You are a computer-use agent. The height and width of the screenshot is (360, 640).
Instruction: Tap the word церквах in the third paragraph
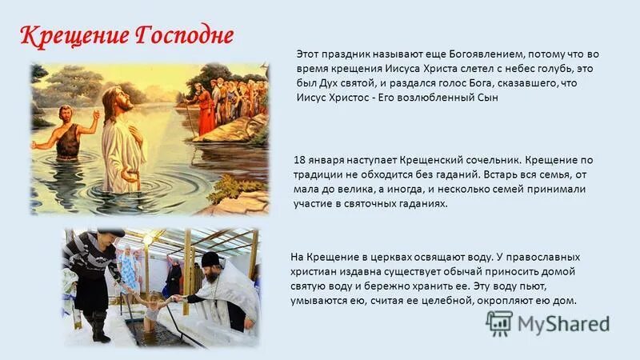(x=371, y=258)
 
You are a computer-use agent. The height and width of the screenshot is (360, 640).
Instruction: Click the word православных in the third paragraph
(x=540, y=258)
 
